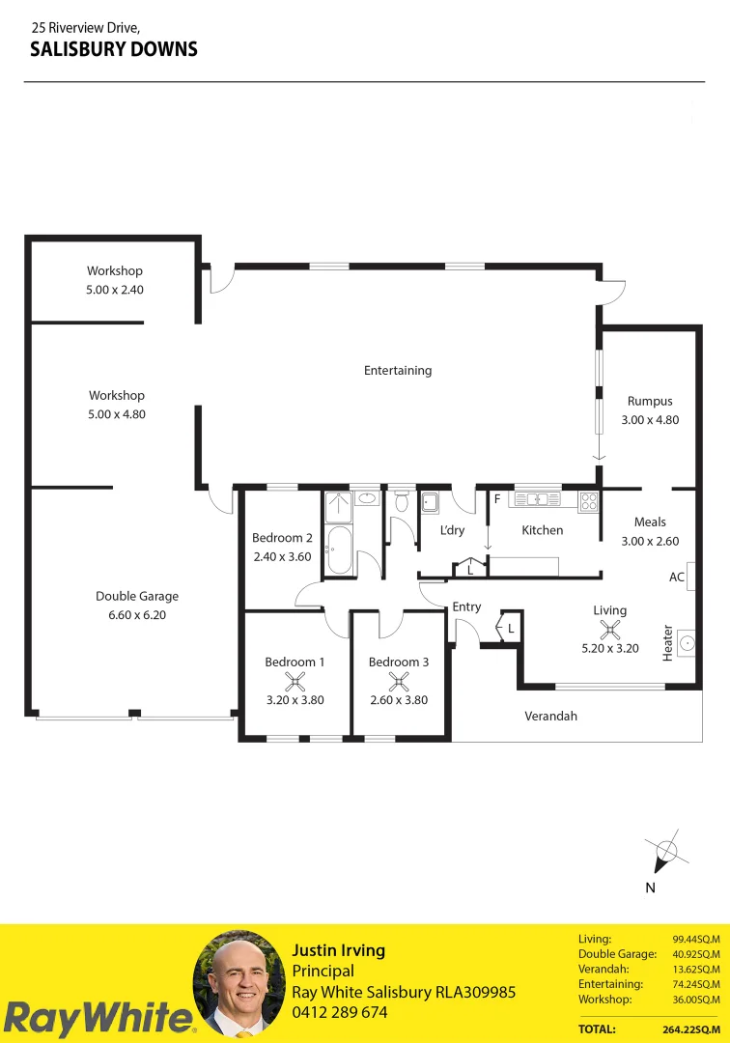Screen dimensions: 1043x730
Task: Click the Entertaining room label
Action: [x=398, y=370]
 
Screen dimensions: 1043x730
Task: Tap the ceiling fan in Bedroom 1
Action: [x=295, y=682]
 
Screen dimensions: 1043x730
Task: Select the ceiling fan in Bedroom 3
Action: [x=398, y=682]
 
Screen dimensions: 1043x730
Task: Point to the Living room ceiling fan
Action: [x=609, y=630]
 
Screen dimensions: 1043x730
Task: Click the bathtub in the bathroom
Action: [x=339, y=550]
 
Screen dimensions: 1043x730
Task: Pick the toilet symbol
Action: [x=402, y=501]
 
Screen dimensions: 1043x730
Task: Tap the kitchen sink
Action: [x=535, y=499]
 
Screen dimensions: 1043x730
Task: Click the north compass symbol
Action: [x=665, y=853]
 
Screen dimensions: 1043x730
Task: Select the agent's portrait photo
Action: [x=239, y=984]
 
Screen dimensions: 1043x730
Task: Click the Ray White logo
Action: [x=97, y=1018]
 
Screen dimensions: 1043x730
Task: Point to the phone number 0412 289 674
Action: [x=340, y=1012]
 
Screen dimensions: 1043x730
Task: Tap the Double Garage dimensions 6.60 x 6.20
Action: [x=137, y=614]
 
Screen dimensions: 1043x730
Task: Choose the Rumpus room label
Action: [x=650, y=401]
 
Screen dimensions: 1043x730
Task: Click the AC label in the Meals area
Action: [x=677, y=577]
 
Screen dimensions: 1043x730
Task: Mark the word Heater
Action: [x=667, y=643]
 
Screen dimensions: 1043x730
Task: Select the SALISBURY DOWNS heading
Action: [x=114, y=49]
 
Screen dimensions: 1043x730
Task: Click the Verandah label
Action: [x=551, y=716]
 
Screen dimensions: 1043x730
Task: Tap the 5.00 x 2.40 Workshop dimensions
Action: [x=115, y=289]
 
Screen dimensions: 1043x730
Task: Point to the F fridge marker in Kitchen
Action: [x=497, y=499]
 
